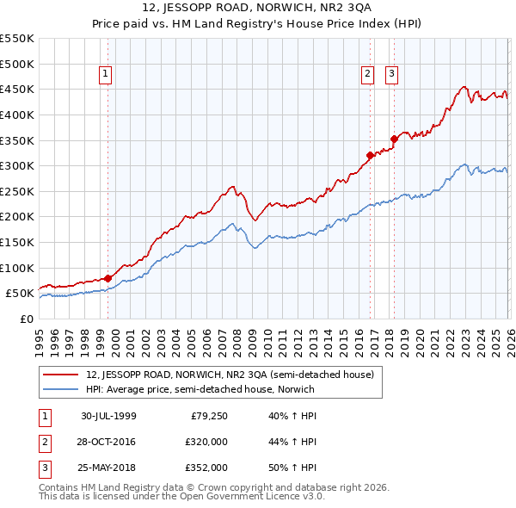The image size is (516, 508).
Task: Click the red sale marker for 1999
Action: coord(107,278)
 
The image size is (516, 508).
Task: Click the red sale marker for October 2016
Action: coord(370,156)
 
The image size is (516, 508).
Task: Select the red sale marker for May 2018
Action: coord(394,139)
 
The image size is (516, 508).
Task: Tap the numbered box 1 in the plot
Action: coord(105,75)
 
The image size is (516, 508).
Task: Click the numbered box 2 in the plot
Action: coord(367,75)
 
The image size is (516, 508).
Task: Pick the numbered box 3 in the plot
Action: coord(391,75)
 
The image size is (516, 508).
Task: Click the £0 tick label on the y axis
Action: coord(26,319)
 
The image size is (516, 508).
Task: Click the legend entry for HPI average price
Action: coord(200,389)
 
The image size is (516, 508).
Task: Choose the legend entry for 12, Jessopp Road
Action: coord(230,375)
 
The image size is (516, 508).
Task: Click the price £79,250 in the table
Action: coord(208,416)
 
